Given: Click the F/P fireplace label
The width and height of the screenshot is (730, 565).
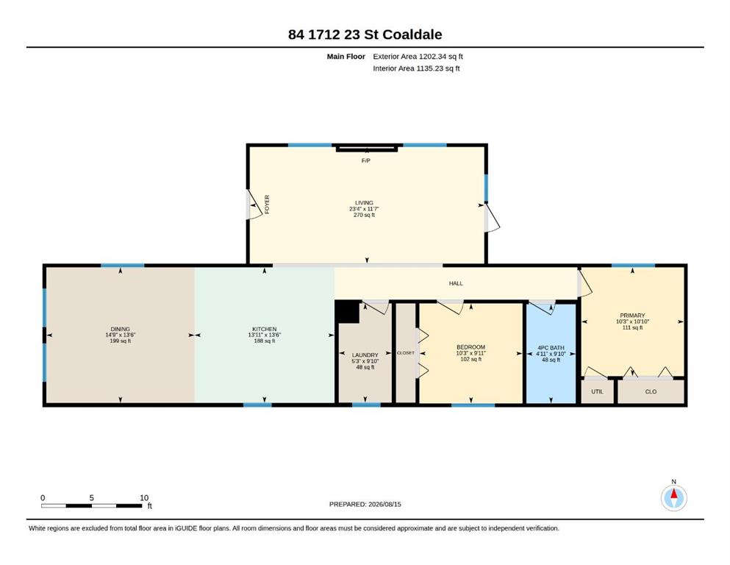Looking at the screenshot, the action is [x=366, y=160].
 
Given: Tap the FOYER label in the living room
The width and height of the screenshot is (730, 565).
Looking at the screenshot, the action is [x=267, y=205].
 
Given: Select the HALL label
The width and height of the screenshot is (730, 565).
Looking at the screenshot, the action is [x=456, y=283].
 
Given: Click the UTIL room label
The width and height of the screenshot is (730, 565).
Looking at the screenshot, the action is [x=598, y=391].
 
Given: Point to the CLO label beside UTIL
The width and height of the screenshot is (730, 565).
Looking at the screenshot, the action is [x=651, y=391].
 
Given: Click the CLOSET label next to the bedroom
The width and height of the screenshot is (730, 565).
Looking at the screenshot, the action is [x=406, y=353].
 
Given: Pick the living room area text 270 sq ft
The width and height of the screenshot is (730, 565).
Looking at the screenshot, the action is [x=364, y=216].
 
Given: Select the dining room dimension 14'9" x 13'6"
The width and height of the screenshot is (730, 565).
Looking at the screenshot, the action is [x=120, y=335].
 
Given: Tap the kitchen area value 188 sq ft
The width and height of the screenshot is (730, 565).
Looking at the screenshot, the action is [x=265, y=341].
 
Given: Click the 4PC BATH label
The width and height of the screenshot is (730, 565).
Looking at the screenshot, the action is [x=551, y=348].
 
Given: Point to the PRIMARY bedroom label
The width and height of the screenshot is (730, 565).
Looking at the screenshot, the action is [x=632, y=316].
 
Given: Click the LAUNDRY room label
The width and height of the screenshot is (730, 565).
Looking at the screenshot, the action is [x=365, y=355].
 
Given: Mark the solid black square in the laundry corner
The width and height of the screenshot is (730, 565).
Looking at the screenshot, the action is [x=347, y=312].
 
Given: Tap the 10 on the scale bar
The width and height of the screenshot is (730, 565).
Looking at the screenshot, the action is [x=144, y=498].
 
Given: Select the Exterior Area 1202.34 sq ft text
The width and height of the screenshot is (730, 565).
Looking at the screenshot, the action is [x=418, y=57].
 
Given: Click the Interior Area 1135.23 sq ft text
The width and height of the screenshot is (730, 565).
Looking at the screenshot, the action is [x=416, y=68].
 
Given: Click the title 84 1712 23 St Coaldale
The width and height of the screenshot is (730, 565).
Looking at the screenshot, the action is [x=365, y=35].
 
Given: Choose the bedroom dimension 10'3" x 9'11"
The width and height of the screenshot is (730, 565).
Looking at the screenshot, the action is [x=470, y=353].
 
